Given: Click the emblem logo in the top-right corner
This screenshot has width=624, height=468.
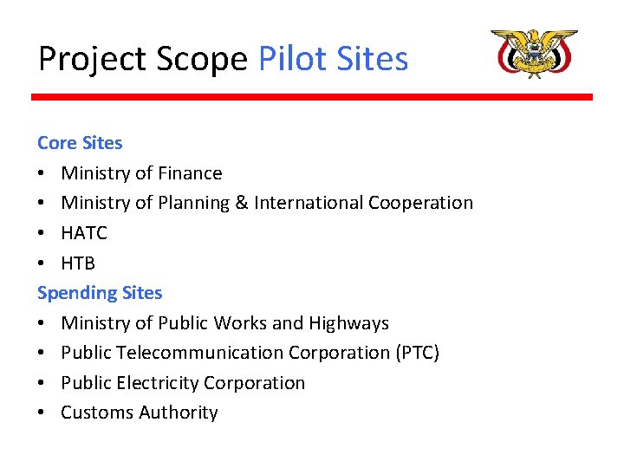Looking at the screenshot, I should coord(534,53).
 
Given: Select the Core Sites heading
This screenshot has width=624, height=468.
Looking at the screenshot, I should coord(80,142).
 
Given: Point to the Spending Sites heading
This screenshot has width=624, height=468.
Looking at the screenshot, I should coord(100,293).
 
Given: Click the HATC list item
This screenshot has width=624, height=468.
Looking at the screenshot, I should coord(84,233).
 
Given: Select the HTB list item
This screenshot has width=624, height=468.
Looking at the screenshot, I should coord(78,263).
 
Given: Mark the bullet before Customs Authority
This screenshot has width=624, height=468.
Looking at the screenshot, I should coord(42,413).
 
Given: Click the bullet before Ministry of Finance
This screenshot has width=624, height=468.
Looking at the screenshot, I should coord(42,173).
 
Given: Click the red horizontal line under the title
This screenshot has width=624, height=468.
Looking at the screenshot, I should coord(312,97).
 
